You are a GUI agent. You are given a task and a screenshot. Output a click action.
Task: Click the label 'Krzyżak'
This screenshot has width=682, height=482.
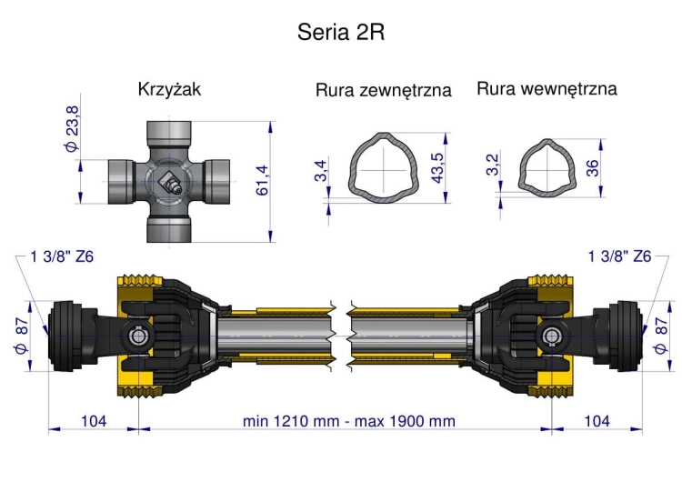pyautogui.click(x=169, y=89)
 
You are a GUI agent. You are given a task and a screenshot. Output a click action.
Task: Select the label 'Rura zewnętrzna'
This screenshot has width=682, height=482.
pyautogui.click(x=384, y=91)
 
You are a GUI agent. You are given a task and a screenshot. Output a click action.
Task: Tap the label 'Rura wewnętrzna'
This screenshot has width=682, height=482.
pyautogui.click(x=547, y=89)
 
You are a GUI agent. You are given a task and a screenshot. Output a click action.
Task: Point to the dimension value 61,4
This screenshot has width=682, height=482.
pyautogui.click(x=263, y=180)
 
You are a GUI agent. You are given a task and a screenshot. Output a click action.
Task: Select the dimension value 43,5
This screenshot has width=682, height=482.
pyautogui.click(x=436, y=166)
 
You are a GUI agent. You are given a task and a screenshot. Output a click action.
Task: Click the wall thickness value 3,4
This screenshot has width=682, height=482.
pyautogui.click(x=321, y=169)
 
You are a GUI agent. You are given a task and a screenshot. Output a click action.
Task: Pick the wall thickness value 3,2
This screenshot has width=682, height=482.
pyautogui.click(x=492, y=165)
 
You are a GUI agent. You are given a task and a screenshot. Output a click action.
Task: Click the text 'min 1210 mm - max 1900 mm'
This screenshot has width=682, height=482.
pyautogui.click(x=349, y=421)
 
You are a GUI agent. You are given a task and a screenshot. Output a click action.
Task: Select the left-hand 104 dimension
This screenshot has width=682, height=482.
pyautogui.click(x=93, y=421)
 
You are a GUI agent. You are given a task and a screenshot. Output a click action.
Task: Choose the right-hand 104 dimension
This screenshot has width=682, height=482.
pyautogui.click(x=596, y=421)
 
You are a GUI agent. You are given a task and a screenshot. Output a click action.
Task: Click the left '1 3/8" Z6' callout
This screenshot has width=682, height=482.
pyautogui.click(x=62, y=256)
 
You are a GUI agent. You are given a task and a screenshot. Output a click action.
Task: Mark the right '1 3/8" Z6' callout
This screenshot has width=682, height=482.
pyautogui.click(x=620, y=256)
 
